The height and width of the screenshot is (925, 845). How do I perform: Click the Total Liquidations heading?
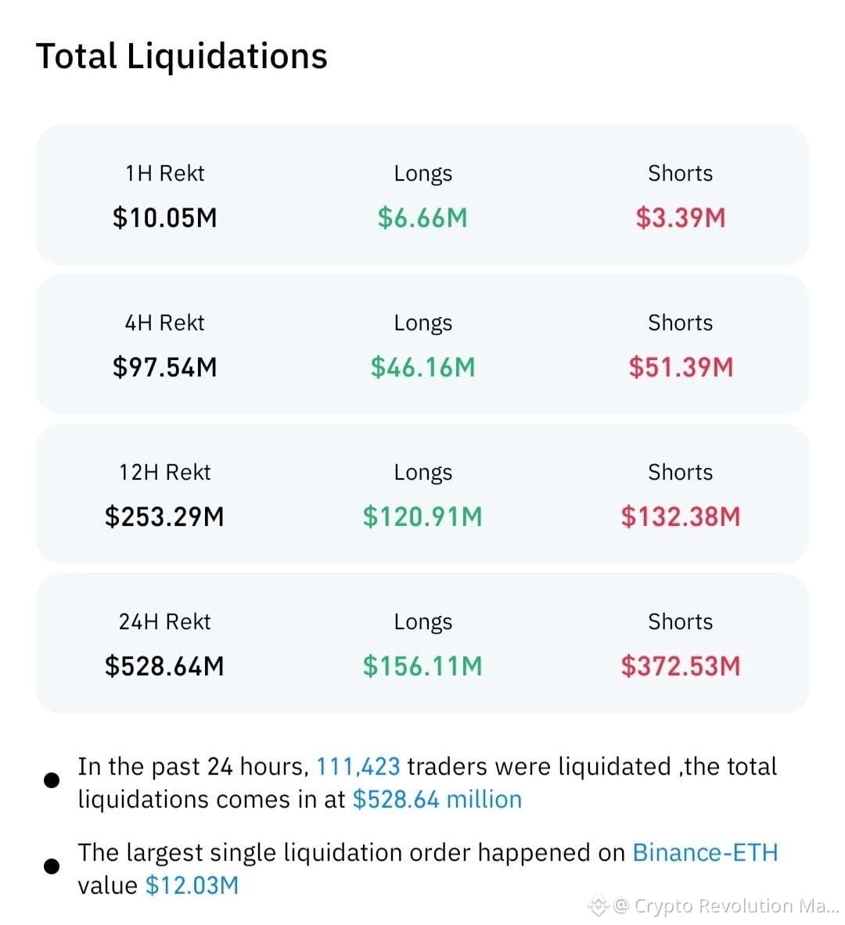click(x=182, y=56)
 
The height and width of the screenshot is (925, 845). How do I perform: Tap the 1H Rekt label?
click(x=164, y=174)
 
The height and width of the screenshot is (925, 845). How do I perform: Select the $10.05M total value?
click(x=164, y=218)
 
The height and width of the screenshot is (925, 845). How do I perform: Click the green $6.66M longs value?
click(x=422, y=218)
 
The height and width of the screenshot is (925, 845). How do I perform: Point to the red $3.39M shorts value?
click(x=681, y=218)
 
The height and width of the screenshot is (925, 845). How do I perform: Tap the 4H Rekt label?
click(x=164, y=322)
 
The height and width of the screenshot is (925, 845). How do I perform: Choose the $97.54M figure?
click(x=164, y=367)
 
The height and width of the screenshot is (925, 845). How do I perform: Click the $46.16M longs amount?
click(x=422, y=367)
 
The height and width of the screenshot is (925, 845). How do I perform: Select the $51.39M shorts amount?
click(x=681, y=367)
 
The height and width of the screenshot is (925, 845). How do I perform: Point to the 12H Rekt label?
click(x=164, y=472)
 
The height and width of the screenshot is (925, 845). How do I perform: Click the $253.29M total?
click(x=164, y=516)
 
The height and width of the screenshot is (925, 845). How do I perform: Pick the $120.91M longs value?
click(x=422, y=516)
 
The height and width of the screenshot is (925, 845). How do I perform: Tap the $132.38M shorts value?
click(x=681, y=516)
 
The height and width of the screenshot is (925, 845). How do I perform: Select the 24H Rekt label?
click(x=164, y=621)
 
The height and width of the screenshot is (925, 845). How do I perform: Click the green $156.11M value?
click(x=422, y=665)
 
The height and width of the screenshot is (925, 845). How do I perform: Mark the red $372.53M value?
click(x=681, y=665)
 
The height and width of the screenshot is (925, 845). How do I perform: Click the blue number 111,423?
click(x=358, y=766)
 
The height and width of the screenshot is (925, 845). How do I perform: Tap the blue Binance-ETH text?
click(x=705, y=852)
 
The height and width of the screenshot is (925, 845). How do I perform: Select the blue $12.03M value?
click(x=192, y=885)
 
